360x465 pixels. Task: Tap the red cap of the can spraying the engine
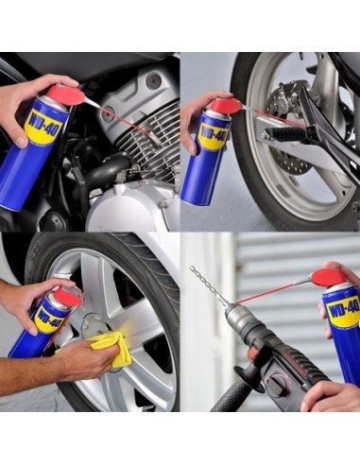click(65, 95)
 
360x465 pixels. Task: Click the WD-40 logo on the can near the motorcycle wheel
click(213, 135)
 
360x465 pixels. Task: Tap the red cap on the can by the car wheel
click(66, 297)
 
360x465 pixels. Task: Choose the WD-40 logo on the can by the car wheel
click(48, 318)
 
